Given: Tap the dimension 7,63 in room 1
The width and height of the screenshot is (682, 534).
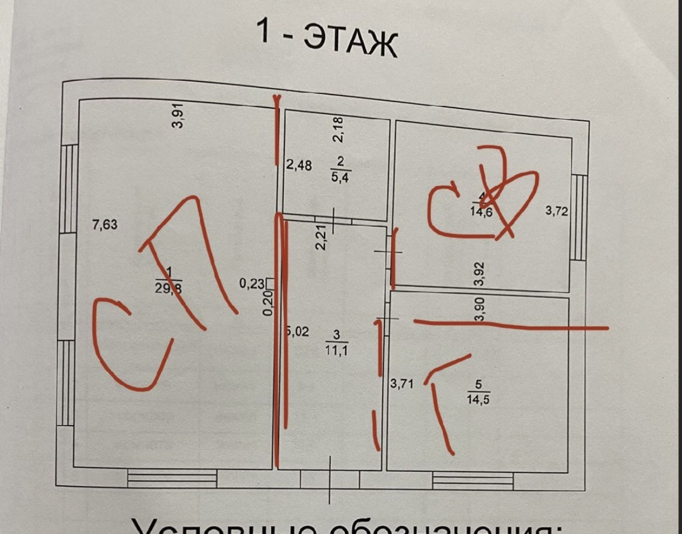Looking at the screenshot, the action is pos(104,224).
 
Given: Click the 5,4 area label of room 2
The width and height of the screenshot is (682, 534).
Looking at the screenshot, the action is pos(340,177).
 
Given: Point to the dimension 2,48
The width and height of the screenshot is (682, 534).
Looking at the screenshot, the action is pos(299,165).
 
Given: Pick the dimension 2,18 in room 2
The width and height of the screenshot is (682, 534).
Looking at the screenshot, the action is pos(338,130).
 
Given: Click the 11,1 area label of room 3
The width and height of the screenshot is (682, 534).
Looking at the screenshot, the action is pos(336,349).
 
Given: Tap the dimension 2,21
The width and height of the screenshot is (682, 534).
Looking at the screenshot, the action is pos(321,237).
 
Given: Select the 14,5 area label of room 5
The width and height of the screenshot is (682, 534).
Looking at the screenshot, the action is pos(478,399).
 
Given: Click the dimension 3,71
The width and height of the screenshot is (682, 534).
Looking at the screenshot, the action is pos(401,383).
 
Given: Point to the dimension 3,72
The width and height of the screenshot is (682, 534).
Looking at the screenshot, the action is pos(556,210).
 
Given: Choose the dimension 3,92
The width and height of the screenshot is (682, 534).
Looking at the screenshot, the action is pos(480,274).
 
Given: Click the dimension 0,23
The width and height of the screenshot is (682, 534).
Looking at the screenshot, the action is pos(251,284).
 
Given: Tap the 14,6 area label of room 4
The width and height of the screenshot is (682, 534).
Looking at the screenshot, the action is pos(481,212).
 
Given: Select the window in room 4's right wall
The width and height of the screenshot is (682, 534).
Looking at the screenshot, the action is pos(578,217).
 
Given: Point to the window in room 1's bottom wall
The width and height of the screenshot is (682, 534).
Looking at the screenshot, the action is pos(172,478).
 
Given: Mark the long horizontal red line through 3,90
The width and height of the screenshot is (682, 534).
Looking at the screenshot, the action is pos(511,325).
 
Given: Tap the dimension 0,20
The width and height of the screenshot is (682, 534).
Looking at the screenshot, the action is pos(268,303).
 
